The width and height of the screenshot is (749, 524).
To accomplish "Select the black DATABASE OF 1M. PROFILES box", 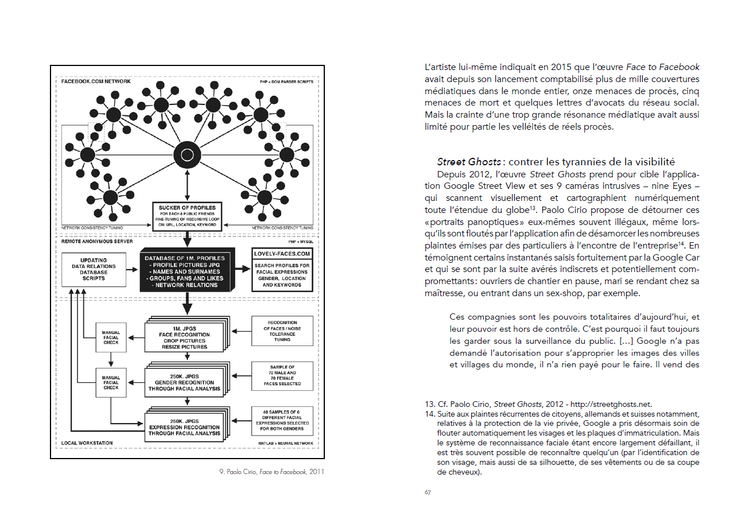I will click(x=187, y=271).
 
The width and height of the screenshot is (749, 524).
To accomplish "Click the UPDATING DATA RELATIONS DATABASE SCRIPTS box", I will click(x=93, y=270).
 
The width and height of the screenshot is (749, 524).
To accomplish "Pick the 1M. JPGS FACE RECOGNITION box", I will click(x=184, y=335).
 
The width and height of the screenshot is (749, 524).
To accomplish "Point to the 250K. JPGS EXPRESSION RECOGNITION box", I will click(x=184, y=427).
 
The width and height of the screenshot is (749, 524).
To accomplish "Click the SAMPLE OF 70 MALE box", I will click(x=282, y=376).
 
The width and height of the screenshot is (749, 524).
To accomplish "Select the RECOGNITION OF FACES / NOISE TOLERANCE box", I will click(x=282, y=331).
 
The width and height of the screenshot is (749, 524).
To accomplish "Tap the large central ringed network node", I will click(x=187, y=154).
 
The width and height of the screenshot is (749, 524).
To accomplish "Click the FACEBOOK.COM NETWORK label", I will click(x=96, y=81).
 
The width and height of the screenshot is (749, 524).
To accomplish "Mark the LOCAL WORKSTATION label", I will click(x=87, y=443).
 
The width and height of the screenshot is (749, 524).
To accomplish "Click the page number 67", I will click(x=428, y=492).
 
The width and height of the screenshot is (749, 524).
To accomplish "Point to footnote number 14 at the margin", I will click(x=429, y=414).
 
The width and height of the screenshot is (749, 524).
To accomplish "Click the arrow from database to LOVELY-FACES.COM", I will click(x=244, y=267).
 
